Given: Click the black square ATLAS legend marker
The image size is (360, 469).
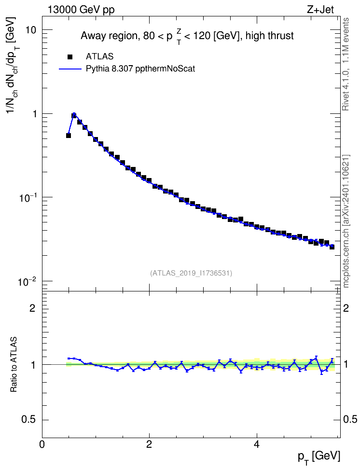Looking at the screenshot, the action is pyautogui.click(x=70, y=56).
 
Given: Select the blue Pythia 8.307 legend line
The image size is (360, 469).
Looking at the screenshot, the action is pyautogui.click(x=70, y=69).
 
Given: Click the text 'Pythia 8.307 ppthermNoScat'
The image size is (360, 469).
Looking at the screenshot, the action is pyautogui.click(x=140, y=69).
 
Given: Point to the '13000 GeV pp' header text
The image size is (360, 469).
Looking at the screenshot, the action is pyautogui.click(x=81, y=10).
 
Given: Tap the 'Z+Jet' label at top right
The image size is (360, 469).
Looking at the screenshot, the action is pyautogui.click(x=320, y=10).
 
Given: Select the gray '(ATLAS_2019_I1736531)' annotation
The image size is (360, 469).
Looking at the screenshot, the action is pyautogui.click(x=191, y=273).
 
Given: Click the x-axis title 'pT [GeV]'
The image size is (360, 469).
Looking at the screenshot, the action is pyautogui.click(x=318, y=456).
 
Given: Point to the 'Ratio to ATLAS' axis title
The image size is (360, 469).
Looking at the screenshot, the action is pyautogui.click(x=14, y=365).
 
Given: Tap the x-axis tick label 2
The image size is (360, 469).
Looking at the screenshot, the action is pyautogui.click(x=149, y=444).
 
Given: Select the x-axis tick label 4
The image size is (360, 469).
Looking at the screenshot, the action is pyautogui.click(x=256, y=444).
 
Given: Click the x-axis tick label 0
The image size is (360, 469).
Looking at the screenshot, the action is pyautogui.click(x=42, y=444).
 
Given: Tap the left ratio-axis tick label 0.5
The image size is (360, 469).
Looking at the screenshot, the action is pyautogui.click(x=29, y=420).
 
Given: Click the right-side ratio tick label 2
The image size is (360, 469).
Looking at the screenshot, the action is pyautogui.click(x=346, y=308).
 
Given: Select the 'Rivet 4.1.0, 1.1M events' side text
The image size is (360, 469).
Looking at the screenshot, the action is pyautogui.click(x=346, y=64).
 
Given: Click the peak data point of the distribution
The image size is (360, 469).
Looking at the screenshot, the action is pyautogui.click(x=74, y=115).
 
